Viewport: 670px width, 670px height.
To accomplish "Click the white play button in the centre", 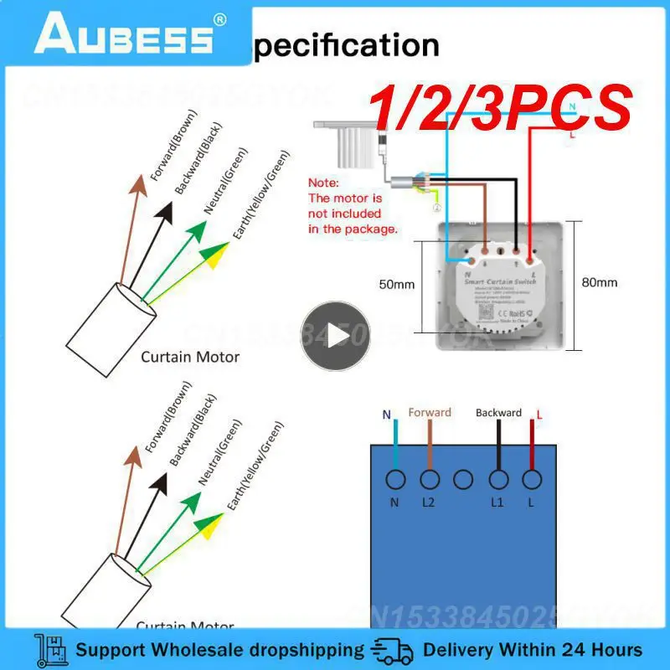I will tap(335, 336).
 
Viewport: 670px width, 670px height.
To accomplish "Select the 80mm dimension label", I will tap(599, 282).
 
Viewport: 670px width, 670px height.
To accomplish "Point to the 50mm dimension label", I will tap(396, 285).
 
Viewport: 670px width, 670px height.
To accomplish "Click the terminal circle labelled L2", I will tap(430, 479).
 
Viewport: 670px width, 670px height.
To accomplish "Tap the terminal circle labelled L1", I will tap(498, 479).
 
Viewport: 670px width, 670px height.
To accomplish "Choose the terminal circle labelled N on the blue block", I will tap(394, 479).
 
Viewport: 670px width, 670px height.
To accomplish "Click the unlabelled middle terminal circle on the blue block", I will tap(464, 479).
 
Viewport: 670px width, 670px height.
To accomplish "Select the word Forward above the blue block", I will tap(430, 412).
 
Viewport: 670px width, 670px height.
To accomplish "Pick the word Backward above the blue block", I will tap(498, 413).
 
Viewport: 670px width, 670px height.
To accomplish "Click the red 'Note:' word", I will tap(323, 182).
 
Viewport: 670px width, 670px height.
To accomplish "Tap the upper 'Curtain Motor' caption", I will tap(190, 357).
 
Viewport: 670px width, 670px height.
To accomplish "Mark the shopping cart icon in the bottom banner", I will tap(51, 650).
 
